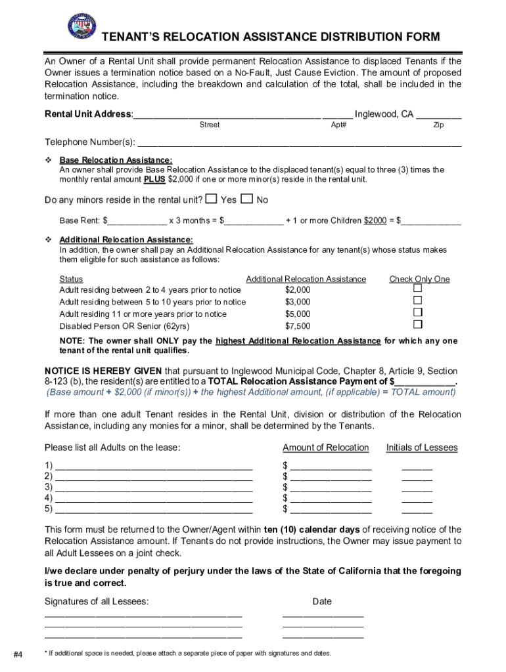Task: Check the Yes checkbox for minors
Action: (211, 199)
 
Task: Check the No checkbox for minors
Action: (246, 199)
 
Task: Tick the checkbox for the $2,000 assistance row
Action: (417, 289)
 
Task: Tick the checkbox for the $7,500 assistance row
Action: (417, 325)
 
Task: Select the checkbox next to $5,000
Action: (417, 313)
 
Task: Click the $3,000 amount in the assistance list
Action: (298, 302)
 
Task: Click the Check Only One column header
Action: (419, 279)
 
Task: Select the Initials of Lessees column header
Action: (422, 448)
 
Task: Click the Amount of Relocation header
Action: (325, 448)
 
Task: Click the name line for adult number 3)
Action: (154, 488)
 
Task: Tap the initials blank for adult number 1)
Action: (417, 467)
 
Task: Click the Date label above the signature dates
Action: (322, 601)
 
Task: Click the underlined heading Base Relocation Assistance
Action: (116, 160)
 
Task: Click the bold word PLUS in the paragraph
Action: (155, 179)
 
